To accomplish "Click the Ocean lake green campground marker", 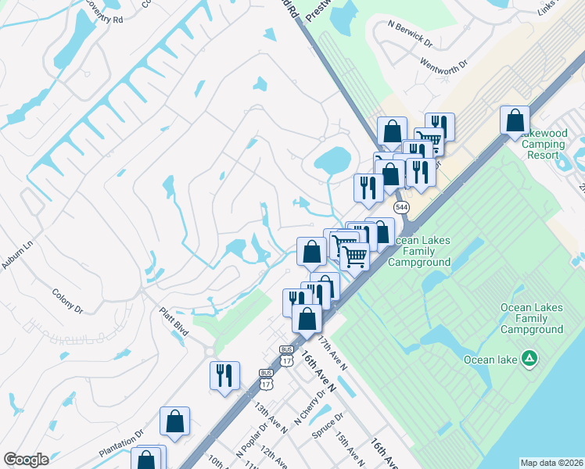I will click(530, 359).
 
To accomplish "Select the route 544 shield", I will click(402, 207).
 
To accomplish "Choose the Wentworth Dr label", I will click(443, 61).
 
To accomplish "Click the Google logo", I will click(26, 460).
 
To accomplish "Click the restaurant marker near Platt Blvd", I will click(224, 374).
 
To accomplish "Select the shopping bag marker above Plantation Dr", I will click(175, 421).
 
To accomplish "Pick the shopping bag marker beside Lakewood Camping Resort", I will click(515, 120).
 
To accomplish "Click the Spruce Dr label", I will click(328, 427).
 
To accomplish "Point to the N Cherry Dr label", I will click(308, 414).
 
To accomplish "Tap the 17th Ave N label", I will click(332, 353).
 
